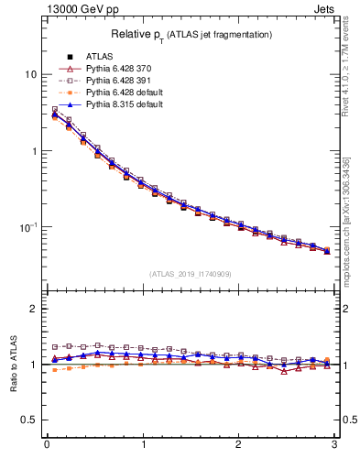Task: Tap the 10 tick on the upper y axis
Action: tap(30, 74)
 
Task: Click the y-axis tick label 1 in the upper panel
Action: tap(34, 150)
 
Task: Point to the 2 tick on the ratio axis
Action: tap(34, 309)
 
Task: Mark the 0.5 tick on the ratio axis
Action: tap(29, 420)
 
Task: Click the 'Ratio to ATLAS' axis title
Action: tap(13, 364)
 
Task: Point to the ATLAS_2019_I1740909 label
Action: tap(190, 273)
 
